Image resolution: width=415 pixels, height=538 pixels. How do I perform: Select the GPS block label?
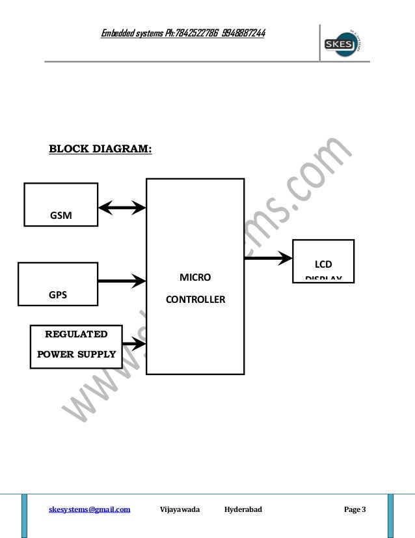(x=58, y=294)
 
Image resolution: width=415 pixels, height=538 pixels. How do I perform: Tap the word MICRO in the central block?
(x=195, y=277)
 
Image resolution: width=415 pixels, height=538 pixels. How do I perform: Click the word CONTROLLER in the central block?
(x=195, y=300)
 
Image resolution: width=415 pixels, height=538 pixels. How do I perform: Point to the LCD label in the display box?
(x=323, y=264)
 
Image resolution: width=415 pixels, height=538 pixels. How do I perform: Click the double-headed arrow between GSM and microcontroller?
(x=122, y=208)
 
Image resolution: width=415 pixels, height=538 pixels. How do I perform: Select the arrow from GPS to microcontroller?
(x=122, y=281)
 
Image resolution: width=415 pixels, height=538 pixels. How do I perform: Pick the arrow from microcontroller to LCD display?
(x=268, y=259)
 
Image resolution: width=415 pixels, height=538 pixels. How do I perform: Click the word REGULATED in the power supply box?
(x=75, y=335)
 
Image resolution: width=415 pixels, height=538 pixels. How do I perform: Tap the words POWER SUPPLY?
(x=75, y=355)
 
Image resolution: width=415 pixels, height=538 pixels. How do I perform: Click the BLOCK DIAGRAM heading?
(x=100, y=149)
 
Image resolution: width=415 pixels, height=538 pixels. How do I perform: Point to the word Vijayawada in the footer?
(x=180, y=509)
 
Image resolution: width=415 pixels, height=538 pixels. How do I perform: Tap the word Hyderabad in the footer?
(x=243, y=509)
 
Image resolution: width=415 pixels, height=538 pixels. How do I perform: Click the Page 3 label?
(x=355, y=509)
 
